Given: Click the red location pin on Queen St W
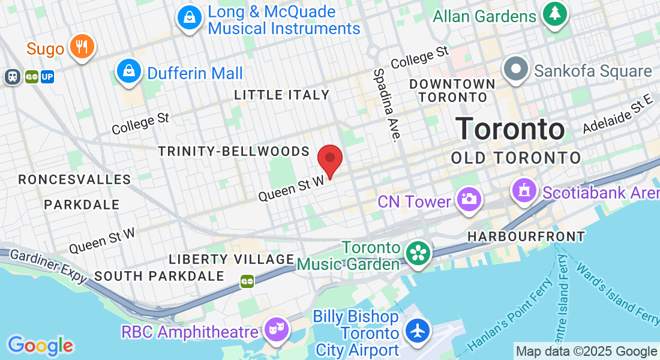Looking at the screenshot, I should pyautogui.click(x=329, y=159).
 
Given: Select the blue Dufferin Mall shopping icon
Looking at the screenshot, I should pyautogui.click(x=129, y=71).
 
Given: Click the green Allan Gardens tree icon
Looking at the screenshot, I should pyautogui.click(x=555, y=14).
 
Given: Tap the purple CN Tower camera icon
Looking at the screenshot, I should pyautogui.click(x=468, y=199).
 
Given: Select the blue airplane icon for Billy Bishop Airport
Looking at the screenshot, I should pyautogui.click(x=418, y=330).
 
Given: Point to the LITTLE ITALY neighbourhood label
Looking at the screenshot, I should pyautogui.click(x=282, y=95).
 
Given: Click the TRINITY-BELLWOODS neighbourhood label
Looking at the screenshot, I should pyautogui.click(x=234, y=151).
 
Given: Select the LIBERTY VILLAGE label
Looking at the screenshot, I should pyautogui.click(x=231, y=259).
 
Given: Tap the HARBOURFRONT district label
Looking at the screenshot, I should pyautogui.click(x=526, y=236).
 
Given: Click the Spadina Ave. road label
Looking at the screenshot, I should pyautogui.click(x=386, y=104).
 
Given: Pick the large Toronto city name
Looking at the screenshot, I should pyautogui.click(x=510, y=128).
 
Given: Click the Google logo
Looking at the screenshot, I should pyautogui.click(x=40, y=346).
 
